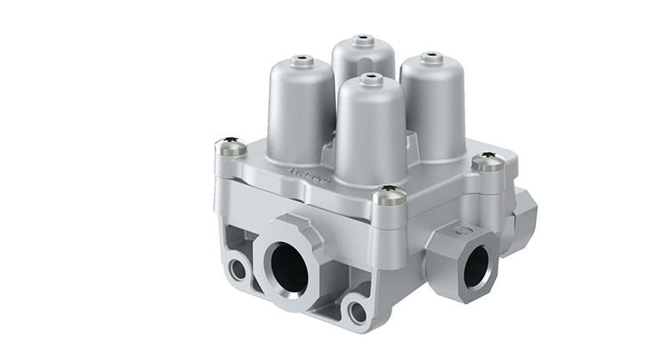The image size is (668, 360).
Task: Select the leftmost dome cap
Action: (300, 109)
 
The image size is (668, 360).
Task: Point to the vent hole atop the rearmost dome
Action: (363, 38)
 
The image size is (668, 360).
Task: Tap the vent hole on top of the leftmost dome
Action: (301, 60)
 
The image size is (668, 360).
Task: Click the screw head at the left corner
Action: (230, 149)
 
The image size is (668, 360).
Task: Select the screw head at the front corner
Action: (389, 195)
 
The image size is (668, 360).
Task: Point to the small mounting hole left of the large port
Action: (238, 269)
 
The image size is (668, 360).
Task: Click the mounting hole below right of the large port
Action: (358, 312)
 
